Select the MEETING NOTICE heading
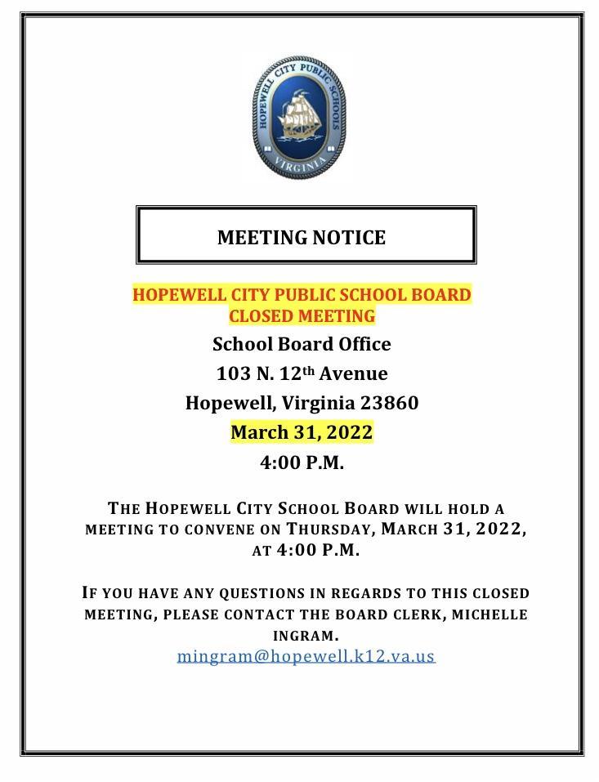302,238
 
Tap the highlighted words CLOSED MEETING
302,315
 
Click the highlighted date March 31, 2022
302,432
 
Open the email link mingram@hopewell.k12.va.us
306,655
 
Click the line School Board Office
302,344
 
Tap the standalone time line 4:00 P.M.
302,462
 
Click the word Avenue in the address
353,373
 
